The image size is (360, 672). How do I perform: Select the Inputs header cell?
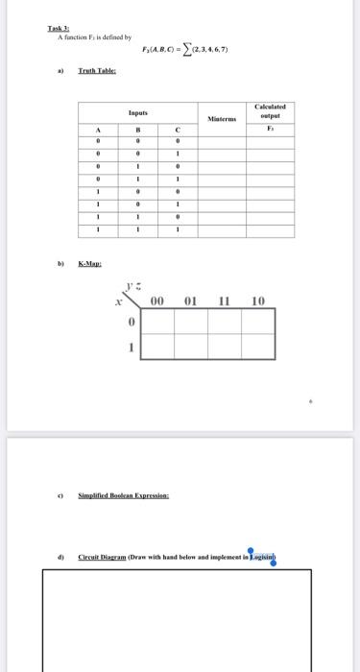point(138,112)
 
